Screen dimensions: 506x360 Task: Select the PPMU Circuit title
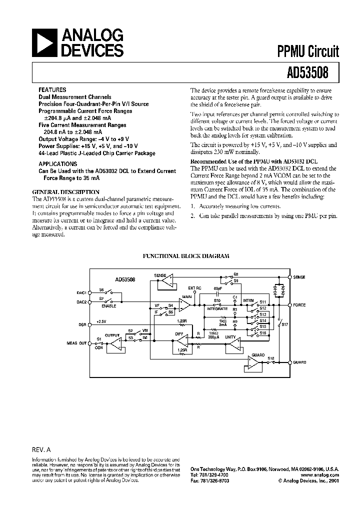click(308, 51)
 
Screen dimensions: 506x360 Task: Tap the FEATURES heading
click(52, 90)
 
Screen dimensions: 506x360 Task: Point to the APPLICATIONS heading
click(58, 163)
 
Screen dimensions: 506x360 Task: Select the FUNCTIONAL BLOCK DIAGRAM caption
click(186, 255)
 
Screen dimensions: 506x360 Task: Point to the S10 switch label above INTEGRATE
click(217, 300)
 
